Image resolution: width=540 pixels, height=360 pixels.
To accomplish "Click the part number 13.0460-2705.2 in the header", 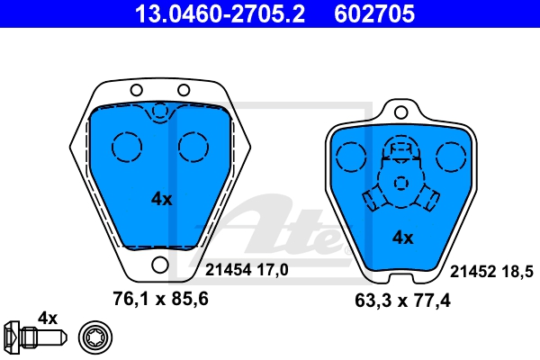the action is [220, 13].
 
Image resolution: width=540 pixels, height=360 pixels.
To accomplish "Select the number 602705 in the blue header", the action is [374, 13].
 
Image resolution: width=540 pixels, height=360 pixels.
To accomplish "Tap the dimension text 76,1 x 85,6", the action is [160, 299].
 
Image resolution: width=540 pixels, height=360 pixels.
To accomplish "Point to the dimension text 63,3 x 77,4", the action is [402, 301].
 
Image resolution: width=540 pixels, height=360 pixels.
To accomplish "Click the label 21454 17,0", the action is [247, 270].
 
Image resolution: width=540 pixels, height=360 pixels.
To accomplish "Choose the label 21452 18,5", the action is [491, 272].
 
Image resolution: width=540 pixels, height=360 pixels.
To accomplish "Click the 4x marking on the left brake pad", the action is [161, 199].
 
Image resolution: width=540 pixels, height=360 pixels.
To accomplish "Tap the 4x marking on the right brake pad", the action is [402, 238].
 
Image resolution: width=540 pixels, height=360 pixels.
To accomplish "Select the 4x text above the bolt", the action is [48, 319].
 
